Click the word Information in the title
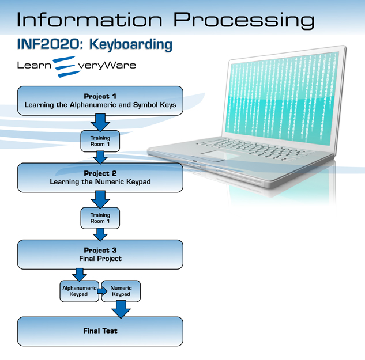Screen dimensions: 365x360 pyautogui.click(x=89, y=20)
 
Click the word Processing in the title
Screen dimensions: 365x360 pyautogui.click(x=244, y=21)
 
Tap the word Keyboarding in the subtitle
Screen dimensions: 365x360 pyautogui.click(x=131, y=45)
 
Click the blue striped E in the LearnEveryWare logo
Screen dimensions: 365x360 pyautogui.click(x=65, y=66)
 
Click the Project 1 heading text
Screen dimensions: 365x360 pyautogui.click(x=100, y=96)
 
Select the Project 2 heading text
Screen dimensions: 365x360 pyautogui.click(x=100, y=173)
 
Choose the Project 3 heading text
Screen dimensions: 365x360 pyautogui.click(x=100, y=250)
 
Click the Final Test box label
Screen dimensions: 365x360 pyautogui.click(x=100, y=331)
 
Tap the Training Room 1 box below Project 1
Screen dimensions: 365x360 pyautogui.click(x=100, y=141)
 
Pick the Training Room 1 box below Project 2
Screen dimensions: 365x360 pyautogui.click(x=100, y=218)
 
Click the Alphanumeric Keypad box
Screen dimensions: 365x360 pyautogui.click(x=79, y=291)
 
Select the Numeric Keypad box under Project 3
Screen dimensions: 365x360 pyautogui.click(x=121, y=291)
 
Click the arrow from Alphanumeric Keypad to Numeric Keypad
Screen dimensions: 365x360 pyautogui.click(x=102, y=291)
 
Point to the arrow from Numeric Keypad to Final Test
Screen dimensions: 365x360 pyautogui.click(x=121, y=309)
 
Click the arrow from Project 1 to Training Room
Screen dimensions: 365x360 pyautogui.click(x=100, y=122)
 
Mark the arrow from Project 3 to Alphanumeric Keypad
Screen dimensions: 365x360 pyautogui.click(x=80, y=275)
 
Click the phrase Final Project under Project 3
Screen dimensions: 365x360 pyautogui.click(x=100, y=259)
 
